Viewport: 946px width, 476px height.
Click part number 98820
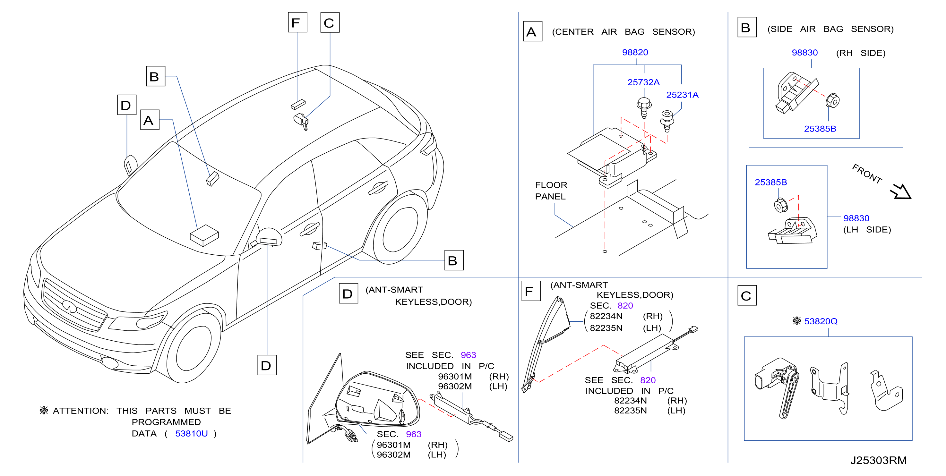click(635, 53)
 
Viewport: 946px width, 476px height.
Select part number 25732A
click(643, 82)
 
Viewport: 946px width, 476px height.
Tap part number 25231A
click(682, 95)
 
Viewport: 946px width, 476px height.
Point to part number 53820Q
click(821, 321)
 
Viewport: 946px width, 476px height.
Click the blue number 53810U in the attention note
click(191, 433)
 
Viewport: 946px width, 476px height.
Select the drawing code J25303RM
click(878, 460)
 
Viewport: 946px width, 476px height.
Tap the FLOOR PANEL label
click(551, 191)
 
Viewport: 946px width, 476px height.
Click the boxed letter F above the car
click(297, 22)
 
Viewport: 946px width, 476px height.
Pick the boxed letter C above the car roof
click(330, 22)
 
